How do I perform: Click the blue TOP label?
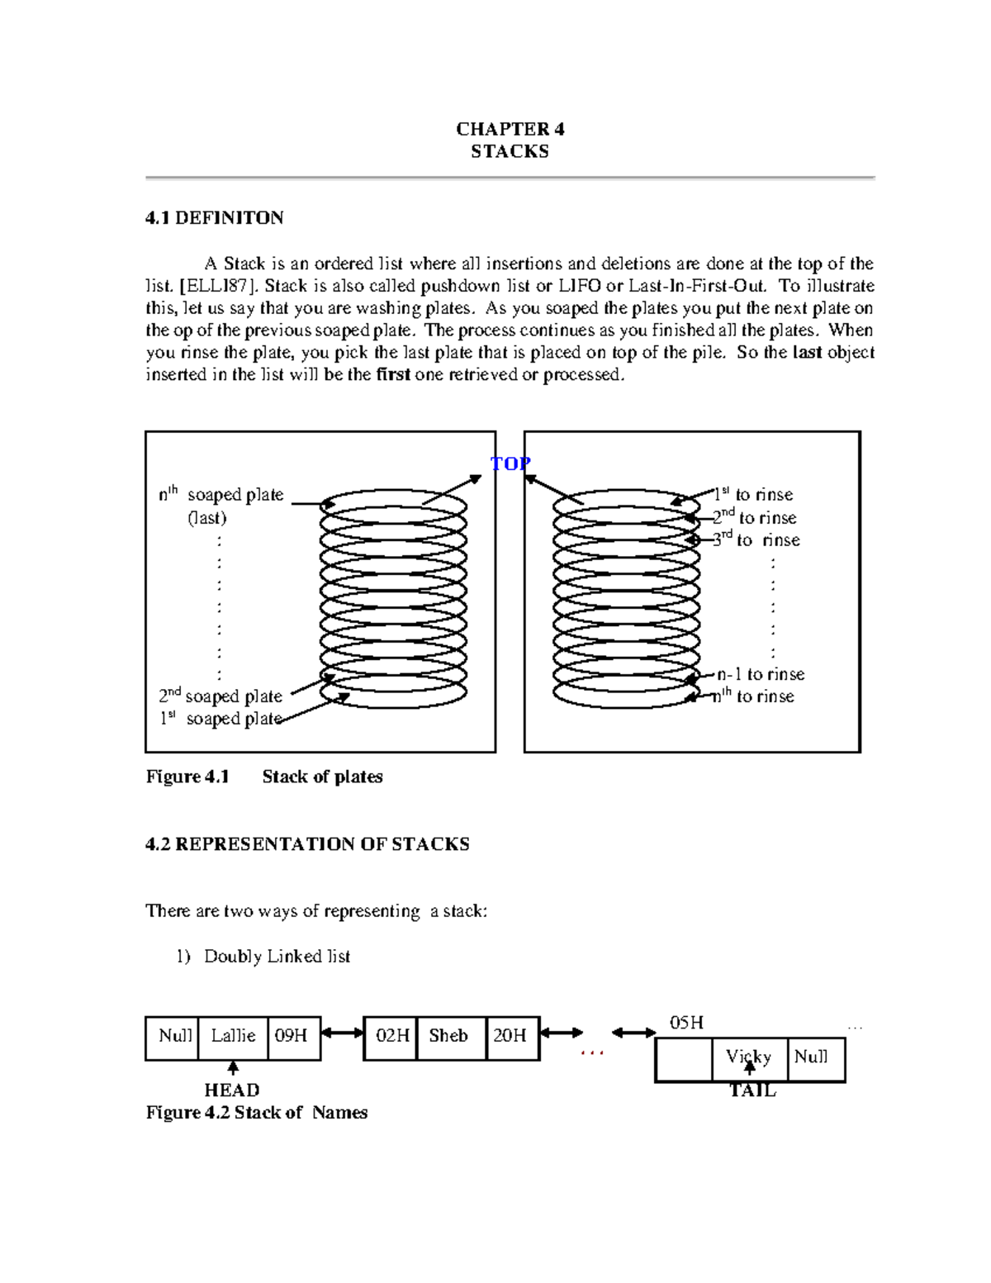[510, 463]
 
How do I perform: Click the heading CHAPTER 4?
[510, 129]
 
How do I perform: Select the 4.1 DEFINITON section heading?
[215, 218]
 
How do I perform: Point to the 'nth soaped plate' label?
[221, 495]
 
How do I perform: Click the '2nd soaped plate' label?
[220, 696]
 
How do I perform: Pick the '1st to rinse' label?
[753, 494]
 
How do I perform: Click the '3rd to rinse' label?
[756, 539]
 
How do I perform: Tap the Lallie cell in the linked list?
[233, 1036]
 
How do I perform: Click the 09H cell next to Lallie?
[292, 1036]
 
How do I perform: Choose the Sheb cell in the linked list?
[448, 1036]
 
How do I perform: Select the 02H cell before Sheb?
[392, 1036]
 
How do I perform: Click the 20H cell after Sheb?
[510, 1036]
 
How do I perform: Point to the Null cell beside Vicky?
[811, 1057]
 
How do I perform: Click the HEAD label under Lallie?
[232, 1091]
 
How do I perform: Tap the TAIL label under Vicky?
[752, 1091]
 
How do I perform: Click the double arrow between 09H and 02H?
[342, 1033]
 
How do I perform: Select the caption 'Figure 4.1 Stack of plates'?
[264, 777]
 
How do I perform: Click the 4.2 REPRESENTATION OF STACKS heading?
[307, 844]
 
